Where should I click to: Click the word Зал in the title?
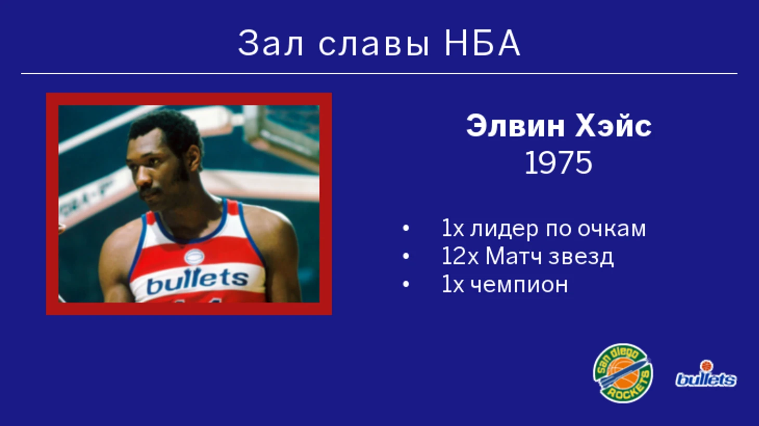pyautogui.click(x=270, y=43)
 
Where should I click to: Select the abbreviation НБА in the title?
pyautogui.click(x=482, y=43)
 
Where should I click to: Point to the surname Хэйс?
pyautogui.click(x=613, y=126)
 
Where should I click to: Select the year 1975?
pyautogui.click(x=558, y=163)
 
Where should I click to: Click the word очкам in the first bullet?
pyautogui.click(x=611, y=229)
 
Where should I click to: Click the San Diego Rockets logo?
pyautogui.click(x=623, y=373)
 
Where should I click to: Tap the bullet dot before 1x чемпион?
pyautogui.click(x=406, y=285)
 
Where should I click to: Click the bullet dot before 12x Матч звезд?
pyautogui.click(x=406, y=256)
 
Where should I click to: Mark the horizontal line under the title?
pyautogui.click(x=379, y=73)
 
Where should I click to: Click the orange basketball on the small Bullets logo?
pyautogui.click(x=706, y=366)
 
